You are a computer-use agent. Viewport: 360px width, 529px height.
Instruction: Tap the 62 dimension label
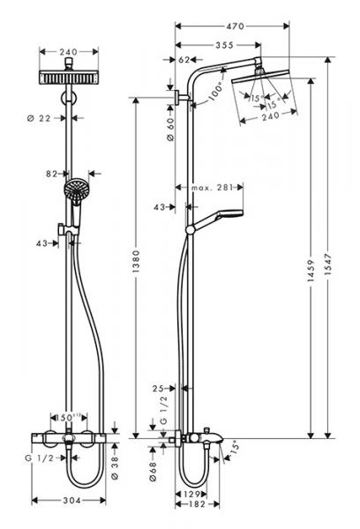[184, 60]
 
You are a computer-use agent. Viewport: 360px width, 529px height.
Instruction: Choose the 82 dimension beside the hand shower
[50, 175]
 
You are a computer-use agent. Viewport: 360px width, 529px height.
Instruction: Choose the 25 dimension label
[157, 389]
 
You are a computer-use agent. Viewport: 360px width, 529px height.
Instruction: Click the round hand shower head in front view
[74, 188]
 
